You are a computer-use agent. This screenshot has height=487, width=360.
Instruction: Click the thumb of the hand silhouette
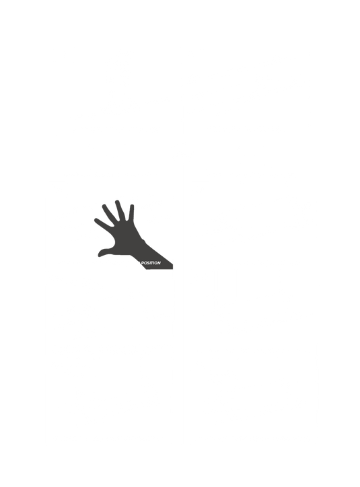click(105, 252)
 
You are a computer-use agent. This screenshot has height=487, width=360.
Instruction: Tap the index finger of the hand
click(104, 223)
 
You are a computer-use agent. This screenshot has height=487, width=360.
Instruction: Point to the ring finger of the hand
click(120, 210)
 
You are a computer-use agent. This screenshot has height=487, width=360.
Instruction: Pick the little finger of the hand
click(131, 213)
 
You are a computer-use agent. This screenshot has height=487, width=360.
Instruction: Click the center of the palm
click(126, 237)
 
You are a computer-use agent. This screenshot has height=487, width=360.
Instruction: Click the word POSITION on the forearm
click(151, 263)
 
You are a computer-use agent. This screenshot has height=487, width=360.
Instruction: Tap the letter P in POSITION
click(142, 263)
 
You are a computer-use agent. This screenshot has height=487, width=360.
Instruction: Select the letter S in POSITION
click(148, 263)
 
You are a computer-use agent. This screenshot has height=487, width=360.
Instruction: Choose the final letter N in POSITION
click(159, 263)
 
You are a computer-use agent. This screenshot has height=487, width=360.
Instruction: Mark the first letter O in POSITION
click(145, 263)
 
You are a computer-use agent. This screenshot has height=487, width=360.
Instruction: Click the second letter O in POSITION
click(156, 263)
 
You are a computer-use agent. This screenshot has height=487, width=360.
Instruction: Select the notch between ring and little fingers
click(128, 220)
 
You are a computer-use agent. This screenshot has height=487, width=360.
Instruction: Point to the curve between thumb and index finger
click(114, 241)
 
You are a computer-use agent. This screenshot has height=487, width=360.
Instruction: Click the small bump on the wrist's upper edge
click(143, 240)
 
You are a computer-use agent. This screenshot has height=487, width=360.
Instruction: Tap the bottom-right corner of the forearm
click(173, 268)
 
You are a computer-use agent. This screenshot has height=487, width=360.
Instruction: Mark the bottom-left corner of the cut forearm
click(146, 269)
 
